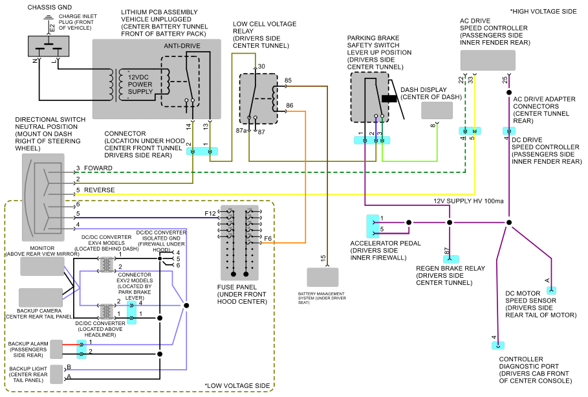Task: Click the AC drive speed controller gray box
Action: click(x=488, y=60)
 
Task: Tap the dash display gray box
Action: click(x=437, y=111)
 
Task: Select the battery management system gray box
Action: click(x=323, y=277)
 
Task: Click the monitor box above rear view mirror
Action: click(x=42, y=266)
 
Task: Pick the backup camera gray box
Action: click(x=41, y=297)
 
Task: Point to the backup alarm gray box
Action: click(x=56, y=349)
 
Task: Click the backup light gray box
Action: click(x=56, y=374)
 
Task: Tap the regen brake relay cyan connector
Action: click(x=451, y=259)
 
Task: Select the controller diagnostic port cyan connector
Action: click(x=498, y=346)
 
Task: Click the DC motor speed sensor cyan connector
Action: click(x=551, y=290)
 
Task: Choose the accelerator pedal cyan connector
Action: click(x=373, y=227)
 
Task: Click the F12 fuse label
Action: click(x=210, y=213)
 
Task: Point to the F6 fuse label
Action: click(x=268, y=238)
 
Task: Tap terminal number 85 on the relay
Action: click(x=288, y=80)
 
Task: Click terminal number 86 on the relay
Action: click(x=290, y=106)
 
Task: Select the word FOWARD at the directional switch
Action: click(x=98, y=168)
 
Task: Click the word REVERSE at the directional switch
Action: click(x=100, y=190)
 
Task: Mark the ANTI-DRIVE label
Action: click(x=182, y=46)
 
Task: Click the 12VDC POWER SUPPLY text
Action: click(x=140, y=84)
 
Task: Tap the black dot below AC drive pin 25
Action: click(x=509, y=93)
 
